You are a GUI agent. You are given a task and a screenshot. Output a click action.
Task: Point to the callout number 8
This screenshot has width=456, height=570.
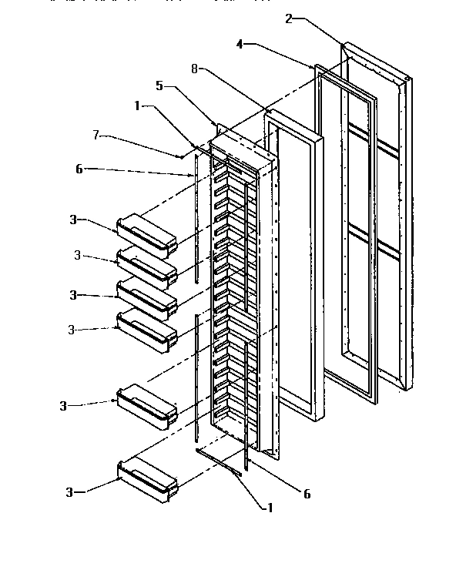[196, 68]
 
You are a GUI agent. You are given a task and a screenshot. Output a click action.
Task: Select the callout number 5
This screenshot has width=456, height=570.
[159, 85]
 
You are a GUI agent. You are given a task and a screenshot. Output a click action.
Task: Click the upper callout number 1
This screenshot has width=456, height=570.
[139, 106]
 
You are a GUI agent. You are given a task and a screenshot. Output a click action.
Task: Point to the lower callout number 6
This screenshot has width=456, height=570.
[307, 494]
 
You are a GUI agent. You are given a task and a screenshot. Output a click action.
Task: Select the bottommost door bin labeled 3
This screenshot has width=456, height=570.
[147, 477]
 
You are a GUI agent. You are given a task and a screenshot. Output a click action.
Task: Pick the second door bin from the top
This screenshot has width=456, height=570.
[147, 267]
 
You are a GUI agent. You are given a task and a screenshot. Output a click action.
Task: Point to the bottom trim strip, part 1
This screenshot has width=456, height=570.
[219, 462]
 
